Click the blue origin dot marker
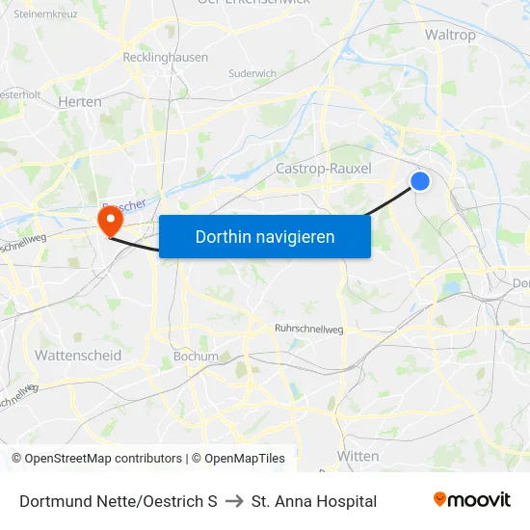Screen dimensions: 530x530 420,180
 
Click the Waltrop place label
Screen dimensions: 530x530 450,35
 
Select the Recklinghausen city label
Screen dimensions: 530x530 165,58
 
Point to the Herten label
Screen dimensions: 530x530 79,101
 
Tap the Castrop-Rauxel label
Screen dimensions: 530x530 324,169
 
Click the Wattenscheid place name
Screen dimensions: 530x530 78,356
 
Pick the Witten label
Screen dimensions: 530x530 358,456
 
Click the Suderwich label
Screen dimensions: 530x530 252,73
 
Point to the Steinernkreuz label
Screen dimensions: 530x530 45,14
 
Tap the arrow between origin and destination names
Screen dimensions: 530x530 234,501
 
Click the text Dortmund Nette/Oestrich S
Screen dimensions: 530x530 118,501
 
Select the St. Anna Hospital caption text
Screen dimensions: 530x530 314,501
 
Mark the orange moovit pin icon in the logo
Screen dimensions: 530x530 440,499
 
